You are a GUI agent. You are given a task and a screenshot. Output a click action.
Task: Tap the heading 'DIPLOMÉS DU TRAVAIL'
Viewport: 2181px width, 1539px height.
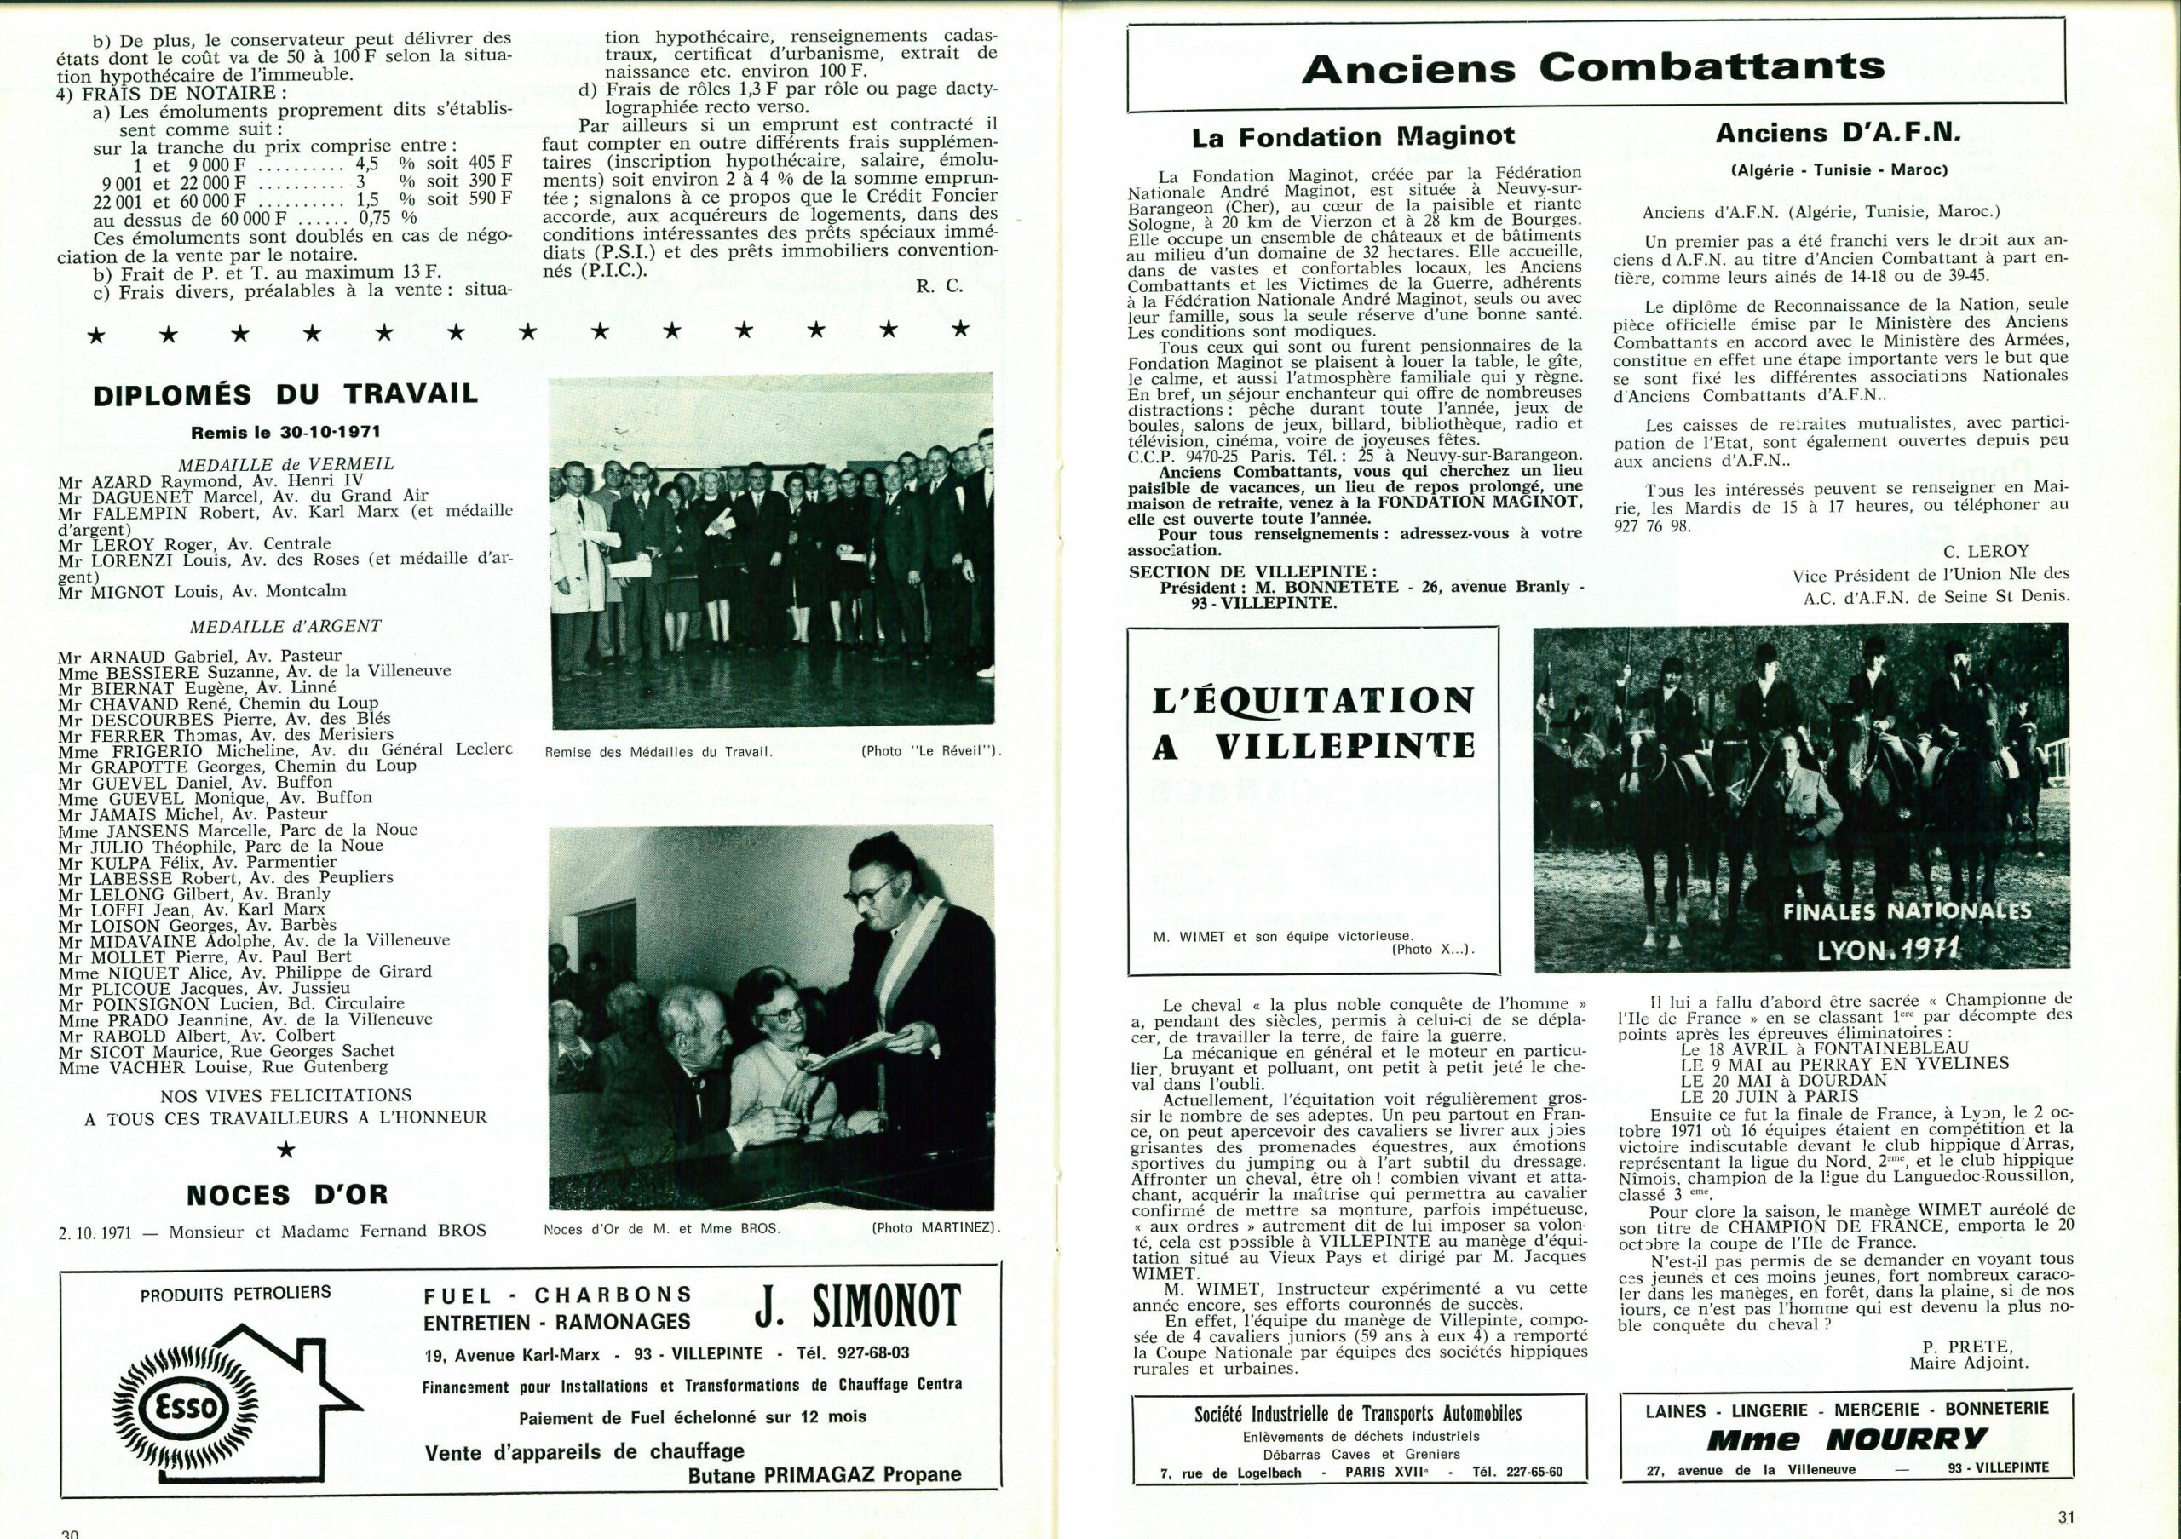(x=285, y=394)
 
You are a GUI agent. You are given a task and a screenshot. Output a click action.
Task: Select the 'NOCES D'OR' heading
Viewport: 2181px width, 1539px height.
(x=287, y=1194)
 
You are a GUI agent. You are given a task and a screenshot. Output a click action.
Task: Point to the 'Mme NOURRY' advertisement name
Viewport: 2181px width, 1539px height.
(x=1833, y=1439)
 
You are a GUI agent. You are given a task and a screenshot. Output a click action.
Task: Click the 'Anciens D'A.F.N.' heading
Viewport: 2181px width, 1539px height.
(x=1838, y=134)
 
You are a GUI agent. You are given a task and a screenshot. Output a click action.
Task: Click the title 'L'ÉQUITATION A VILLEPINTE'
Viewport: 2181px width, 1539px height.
(x=1312, y=723)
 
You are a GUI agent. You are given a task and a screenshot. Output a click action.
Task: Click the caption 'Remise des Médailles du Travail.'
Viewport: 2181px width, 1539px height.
(x=659, y=752)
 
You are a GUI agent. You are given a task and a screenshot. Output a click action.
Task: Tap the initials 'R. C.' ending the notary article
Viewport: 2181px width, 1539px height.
(x=940, y=284)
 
